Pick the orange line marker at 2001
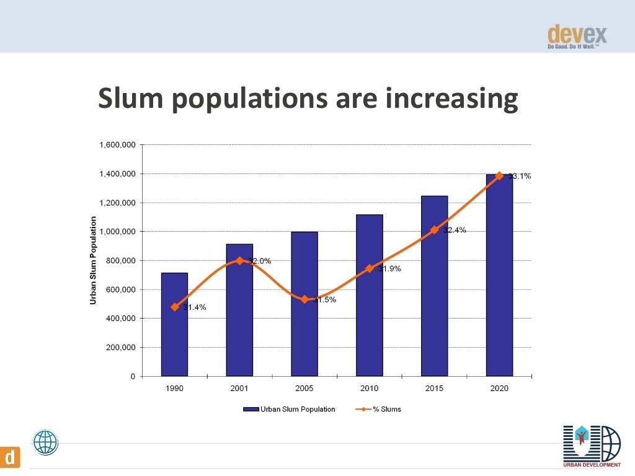239,260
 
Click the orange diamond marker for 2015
434,229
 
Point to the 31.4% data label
194,307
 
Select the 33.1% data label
520,176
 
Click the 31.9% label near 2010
389,269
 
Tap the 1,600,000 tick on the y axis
117,145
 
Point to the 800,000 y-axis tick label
120,261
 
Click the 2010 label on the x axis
370,389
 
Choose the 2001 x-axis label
239,389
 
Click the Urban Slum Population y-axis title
94,260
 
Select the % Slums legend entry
379,409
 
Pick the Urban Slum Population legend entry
290,409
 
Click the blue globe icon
45,443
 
